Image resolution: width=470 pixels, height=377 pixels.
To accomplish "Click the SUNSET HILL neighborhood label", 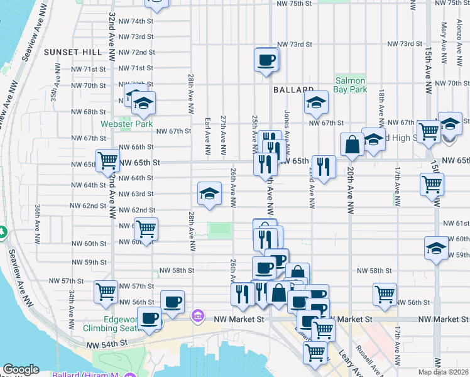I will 69,52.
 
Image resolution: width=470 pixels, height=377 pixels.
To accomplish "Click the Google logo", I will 21,369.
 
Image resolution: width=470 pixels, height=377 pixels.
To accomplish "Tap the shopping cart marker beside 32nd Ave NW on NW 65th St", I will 108,160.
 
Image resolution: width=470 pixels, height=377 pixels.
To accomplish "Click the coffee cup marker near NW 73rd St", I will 266,60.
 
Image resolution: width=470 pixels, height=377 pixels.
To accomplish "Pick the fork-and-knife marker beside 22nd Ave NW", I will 324,167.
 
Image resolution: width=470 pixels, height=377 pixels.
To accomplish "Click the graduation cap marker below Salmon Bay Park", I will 316,102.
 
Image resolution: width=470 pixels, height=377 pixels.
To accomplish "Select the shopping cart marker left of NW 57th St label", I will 106,292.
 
